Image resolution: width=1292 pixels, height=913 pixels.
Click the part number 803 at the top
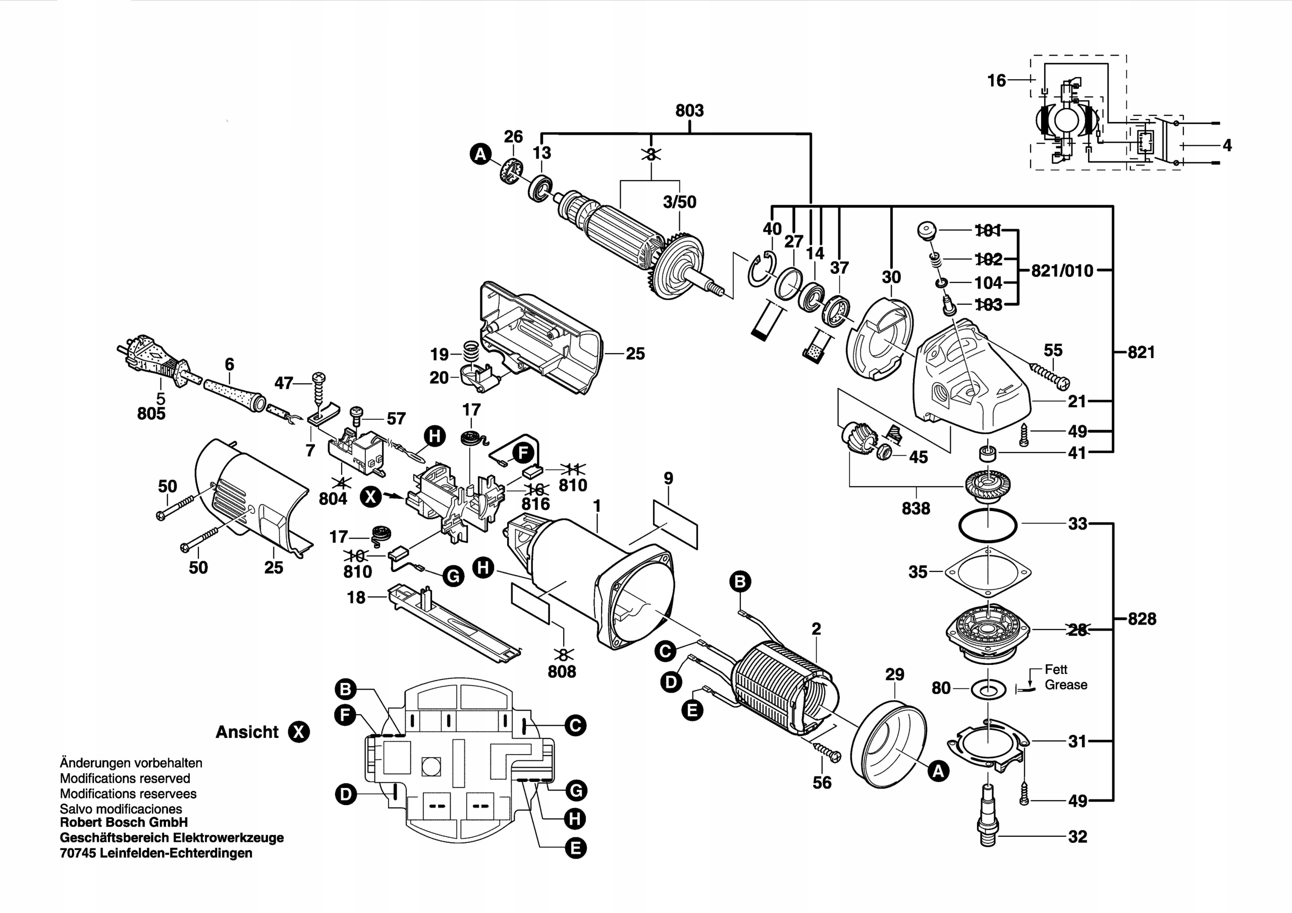(689, 111)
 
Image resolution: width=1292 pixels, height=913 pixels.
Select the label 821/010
(1062, 270)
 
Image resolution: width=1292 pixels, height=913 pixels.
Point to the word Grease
(1066, 684)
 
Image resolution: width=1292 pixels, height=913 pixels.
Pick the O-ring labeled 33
(988, 524)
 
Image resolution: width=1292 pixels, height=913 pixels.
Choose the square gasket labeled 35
(988, 573)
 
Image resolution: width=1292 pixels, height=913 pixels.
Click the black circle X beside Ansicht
(298, 732)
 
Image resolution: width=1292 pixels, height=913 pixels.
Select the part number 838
(916, 508)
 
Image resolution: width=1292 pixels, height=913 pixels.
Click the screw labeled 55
(1049, 375)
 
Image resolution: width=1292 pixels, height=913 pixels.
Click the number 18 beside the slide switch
(356, 597)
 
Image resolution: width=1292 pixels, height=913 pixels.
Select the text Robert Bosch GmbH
(124, 822)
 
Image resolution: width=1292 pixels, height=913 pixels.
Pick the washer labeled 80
(988, 688)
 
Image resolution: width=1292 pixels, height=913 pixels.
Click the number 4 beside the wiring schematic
(1227, 146)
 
